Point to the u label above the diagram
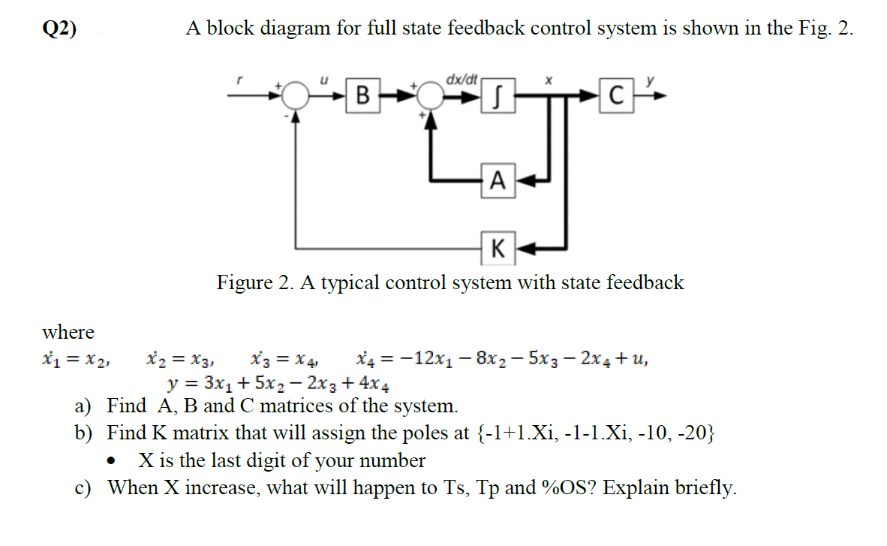[323, 79]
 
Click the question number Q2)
[59, 29]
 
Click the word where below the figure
[68, 332]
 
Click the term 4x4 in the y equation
[374, 383]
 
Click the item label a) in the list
[83, 407]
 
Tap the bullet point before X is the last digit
[113, 460]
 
